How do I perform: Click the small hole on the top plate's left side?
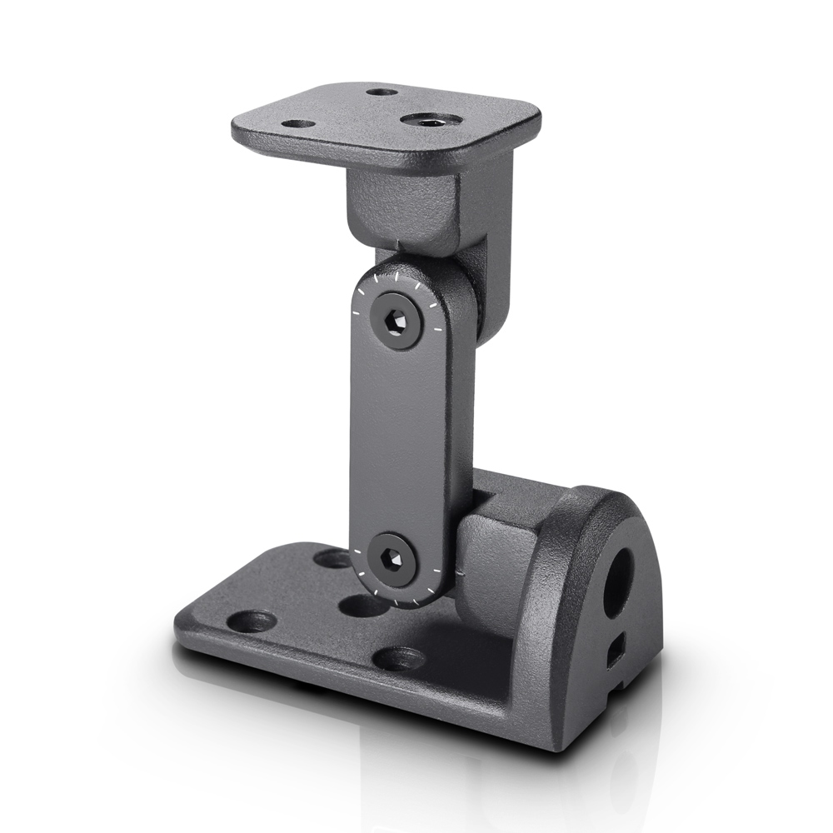(x=298, y=124)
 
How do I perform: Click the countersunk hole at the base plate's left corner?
(x=251, y=620)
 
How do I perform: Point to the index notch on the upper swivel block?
(x=400, y=244)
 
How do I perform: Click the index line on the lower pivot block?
(x=458, y=574)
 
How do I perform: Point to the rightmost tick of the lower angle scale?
(x=436, y=569)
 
